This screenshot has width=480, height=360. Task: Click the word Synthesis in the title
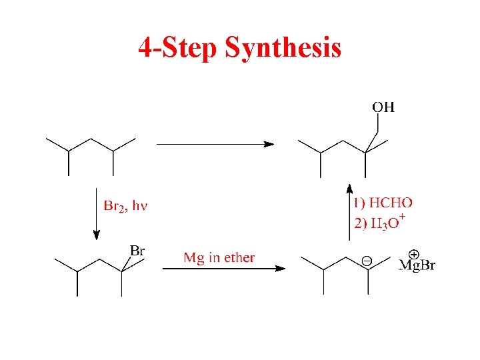pyautogui.click(x=283, y=47)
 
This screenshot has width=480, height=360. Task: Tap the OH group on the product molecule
pyautogui.click(x=383, y=107)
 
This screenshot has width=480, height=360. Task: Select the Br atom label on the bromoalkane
pyautogui.click(x=137, y=251)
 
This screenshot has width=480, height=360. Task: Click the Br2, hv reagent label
pyautogui.click(x=125, y=205)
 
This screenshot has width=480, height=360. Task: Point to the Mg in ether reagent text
pyautogui.click(x=219, y=257)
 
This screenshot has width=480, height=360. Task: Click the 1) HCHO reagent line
pyautogui.click(x=383, y=203)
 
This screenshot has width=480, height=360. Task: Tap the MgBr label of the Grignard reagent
pyautogui.click(x=417, y=266)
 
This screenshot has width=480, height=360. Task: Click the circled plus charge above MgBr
pyautogui.click(x=413, y=254)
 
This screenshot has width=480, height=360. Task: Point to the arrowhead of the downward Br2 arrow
pyautogui.click(x=97, y=234)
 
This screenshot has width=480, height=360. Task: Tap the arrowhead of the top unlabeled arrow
pyautogui.click(x=268, y=143)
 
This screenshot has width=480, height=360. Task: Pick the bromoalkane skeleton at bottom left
pyautogui.click(x=99, y=271)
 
